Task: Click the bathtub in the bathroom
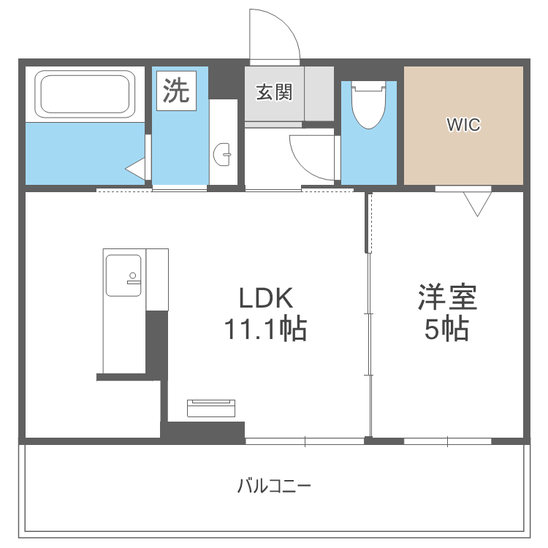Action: click(x=85, y=94)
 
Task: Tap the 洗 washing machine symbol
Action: click(x=175, y=91)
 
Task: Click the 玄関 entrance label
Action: click(x=274, y=93)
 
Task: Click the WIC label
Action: click(x=464, y=125)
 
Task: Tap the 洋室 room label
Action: click(x=447, y=298)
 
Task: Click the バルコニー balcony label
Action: click(x=274, y=485)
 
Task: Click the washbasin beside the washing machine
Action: click(x=224, y=153)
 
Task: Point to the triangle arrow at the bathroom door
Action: click(x=137, y=169)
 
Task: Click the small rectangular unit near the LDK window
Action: click(x=212, y=407)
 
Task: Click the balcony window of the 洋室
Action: click(x=447, y=441)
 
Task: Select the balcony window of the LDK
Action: click(x=304, y=441)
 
